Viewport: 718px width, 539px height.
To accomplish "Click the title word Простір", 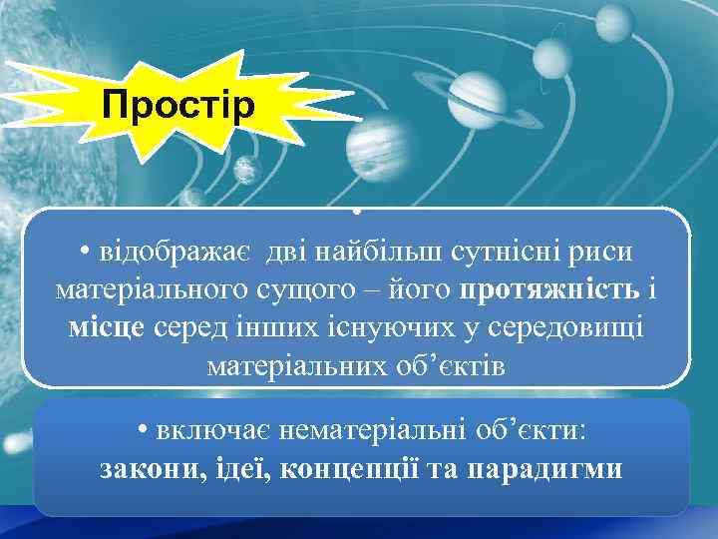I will coord(179,104).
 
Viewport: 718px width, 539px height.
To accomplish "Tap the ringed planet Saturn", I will coord(478,93).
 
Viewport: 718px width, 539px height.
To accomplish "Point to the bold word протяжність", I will coord(536,290).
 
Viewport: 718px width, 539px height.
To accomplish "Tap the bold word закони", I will coord(150,468).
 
